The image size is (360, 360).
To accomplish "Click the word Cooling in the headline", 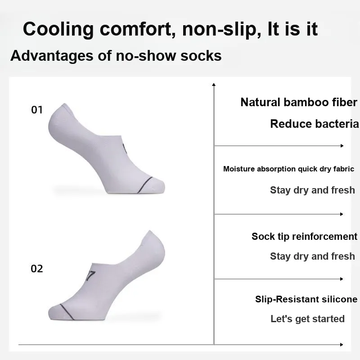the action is (x=58, y=29).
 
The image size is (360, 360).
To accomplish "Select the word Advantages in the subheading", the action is (x=52, y=56).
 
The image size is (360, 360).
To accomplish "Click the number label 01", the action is (x=37, y=110).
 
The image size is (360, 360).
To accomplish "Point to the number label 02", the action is (x=37, y=269).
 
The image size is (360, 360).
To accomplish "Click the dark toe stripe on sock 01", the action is (x=145, y=185).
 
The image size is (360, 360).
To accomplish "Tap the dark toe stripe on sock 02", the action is (x=67, y=312).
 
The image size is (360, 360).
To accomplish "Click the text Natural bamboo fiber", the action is (x=299, y=103).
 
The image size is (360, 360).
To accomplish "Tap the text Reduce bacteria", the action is (x=314, y=124).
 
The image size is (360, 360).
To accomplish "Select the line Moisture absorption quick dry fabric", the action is (x=288, y=169).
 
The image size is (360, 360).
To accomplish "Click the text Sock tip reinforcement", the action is (x=305, y=237).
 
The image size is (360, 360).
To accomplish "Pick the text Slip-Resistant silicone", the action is (x=306, y=299).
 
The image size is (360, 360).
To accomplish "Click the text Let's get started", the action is (x=307, y=319).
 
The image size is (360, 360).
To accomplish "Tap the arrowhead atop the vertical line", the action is (x=214, y=85).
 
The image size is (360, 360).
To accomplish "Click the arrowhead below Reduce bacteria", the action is (x=342, y=146).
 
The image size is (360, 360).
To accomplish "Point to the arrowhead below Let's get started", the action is (x=342, y=345).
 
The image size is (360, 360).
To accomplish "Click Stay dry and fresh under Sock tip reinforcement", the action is (x=312, y=256).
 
